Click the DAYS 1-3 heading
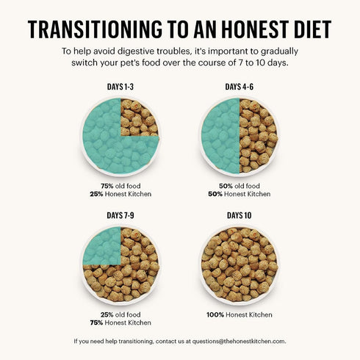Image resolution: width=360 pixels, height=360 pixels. point(120,87)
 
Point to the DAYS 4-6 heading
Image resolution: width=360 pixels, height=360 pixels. point(240,87)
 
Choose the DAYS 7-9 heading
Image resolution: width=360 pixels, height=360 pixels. point(120,215)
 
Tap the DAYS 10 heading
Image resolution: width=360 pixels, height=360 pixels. point(240,215)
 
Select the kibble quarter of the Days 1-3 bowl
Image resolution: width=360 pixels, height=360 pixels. point(140,118)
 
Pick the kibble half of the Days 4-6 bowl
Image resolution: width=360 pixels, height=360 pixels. point(259,136)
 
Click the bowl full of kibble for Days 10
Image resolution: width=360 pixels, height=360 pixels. point(240,264)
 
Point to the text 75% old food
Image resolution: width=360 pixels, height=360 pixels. point(120,186)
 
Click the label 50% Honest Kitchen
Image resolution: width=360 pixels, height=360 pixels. point(240,194)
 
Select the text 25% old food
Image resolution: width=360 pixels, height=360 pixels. point(120,314)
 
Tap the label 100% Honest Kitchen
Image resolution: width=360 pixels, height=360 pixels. point(240,314)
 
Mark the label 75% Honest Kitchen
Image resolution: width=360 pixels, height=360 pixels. point(120,323)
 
